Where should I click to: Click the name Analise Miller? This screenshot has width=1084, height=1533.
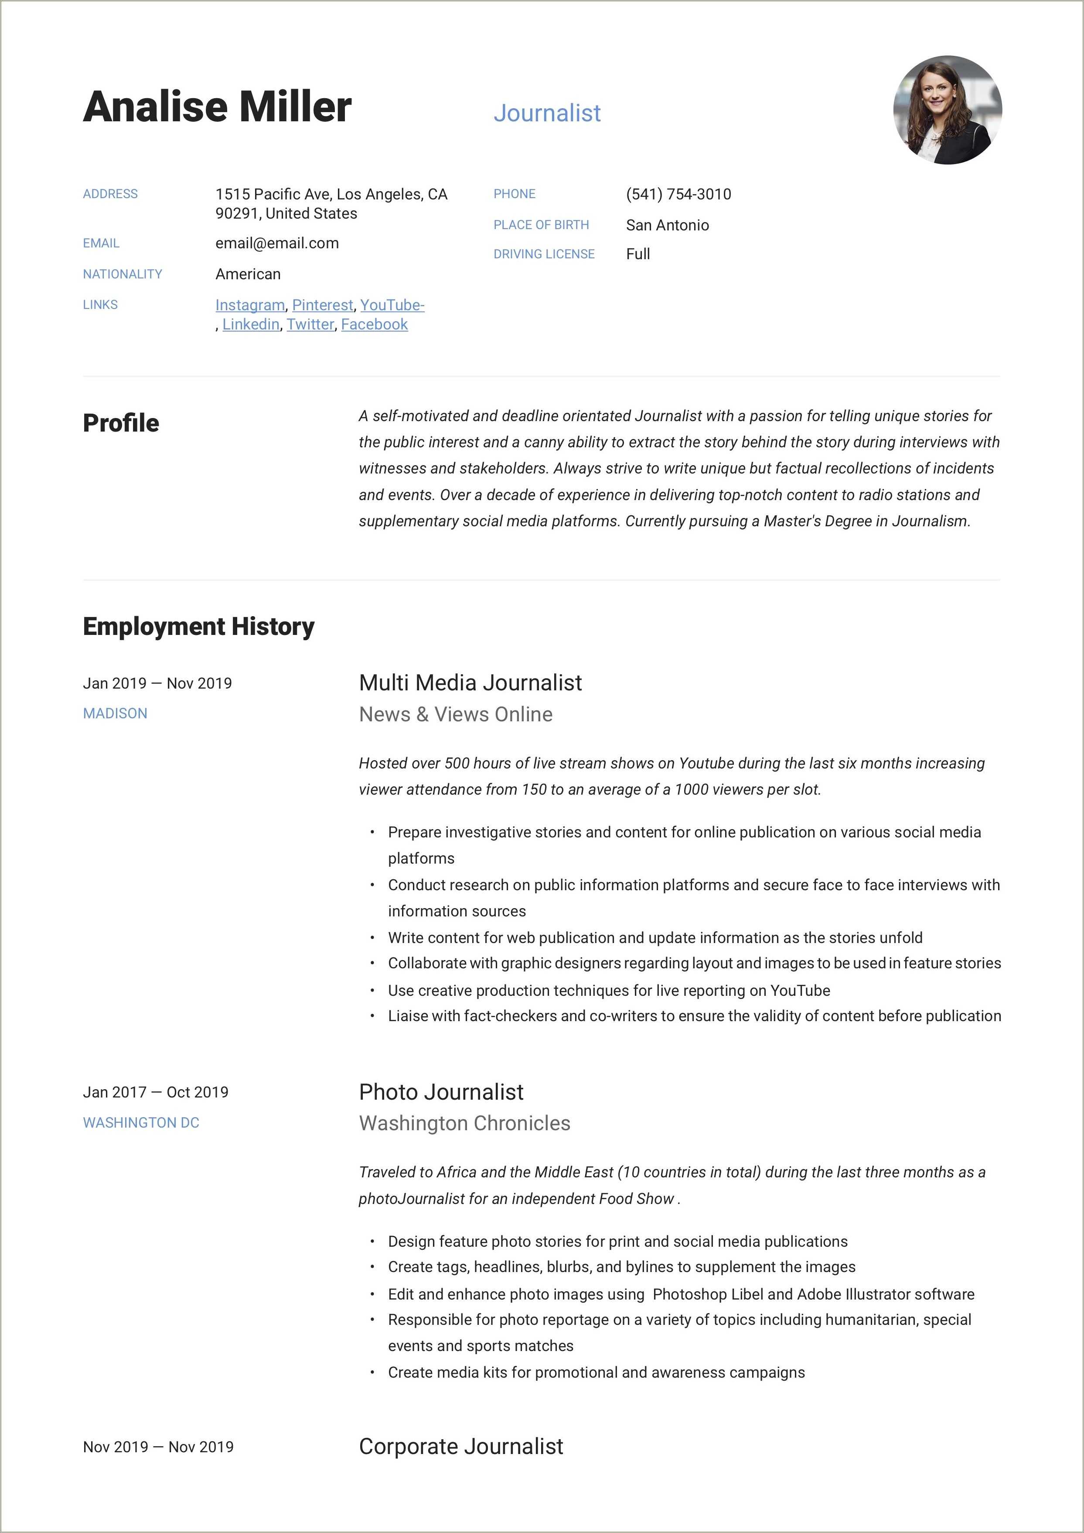click(217, 107)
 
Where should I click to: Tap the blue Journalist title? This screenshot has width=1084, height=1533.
click(547, 113)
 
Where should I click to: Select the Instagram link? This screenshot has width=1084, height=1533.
click(250, 305)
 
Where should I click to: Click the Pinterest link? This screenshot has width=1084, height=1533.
click(322, 305)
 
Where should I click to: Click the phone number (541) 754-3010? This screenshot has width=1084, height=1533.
click(678, 194)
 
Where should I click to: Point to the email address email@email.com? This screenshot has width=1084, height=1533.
click(276, 243)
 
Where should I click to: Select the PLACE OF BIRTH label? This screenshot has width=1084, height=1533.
click(541, 225)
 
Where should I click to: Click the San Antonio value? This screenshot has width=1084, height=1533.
click(667, 225)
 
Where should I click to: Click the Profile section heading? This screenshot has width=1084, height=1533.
click(121, 423)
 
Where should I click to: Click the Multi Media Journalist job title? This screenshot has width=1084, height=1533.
click(470, 682)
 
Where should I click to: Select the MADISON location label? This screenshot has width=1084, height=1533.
click(115, 713)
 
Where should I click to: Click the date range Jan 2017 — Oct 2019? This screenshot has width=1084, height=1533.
click(156, 1092)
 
